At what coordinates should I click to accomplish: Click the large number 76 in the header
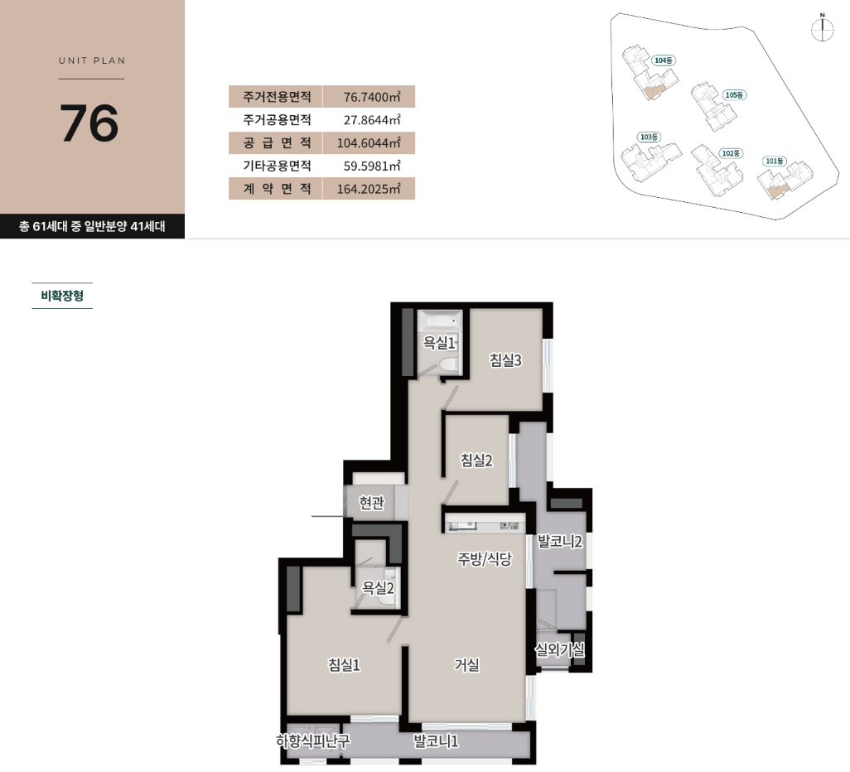click(89, 123)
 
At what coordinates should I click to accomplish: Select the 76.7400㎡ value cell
click(369, 96)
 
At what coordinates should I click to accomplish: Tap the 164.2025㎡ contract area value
click(369, 189)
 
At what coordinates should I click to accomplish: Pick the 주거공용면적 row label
click(277, 120)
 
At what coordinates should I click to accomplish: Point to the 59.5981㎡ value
click(372, 166)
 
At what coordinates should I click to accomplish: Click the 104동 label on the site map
click(664, 60)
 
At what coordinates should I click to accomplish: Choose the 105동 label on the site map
click(735, 95)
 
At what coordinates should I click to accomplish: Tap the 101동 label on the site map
click(774, 161)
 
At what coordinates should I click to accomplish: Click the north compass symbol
click(823, 27)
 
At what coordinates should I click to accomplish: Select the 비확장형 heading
click(62, 296)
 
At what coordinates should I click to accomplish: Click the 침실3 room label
click(505, 360)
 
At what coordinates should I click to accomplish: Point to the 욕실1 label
click(439, 343)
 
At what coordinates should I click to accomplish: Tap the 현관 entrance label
click(372, 503)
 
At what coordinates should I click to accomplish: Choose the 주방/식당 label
click(485, 559)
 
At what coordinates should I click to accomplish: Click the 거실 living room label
click(466, 664)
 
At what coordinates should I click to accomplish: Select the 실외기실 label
click(559, 649)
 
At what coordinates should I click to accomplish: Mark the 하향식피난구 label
click(313, 741)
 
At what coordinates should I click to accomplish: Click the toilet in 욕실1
click(448, 364)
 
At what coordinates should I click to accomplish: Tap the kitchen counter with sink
click(485, 524)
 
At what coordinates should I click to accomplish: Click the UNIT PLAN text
click(92, 60)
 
